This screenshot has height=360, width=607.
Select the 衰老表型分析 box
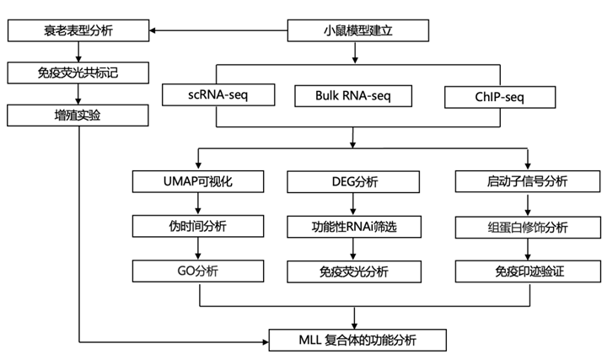pos(78,32)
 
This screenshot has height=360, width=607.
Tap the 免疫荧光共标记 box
pos(78,71)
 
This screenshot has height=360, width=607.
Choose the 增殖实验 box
pos(78,112)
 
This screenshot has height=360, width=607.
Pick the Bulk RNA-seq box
pos(353,97)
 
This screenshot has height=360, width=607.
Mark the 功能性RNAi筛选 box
pos(354,226)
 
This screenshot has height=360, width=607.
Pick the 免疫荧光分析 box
pos(354,271)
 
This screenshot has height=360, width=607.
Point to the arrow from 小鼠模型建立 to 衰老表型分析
pos(219,32)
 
